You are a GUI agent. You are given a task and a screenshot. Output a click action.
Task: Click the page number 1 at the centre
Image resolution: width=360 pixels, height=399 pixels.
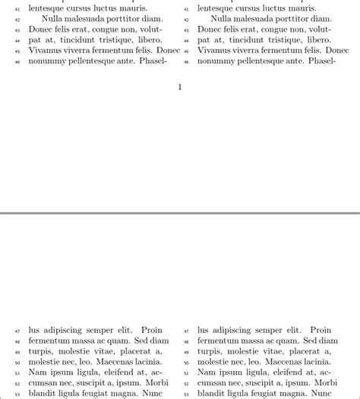pyautogui.click(x=180, y=87)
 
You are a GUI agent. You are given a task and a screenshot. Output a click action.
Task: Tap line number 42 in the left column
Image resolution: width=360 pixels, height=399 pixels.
pyautogui.click(x=17, y=19)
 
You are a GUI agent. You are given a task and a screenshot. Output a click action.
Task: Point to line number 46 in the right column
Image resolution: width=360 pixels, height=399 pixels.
pyautogui.click(x=186, y=62)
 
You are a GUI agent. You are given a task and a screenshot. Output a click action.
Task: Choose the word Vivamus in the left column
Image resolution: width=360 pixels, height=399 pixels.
pyautogui.click(x=47, y=50)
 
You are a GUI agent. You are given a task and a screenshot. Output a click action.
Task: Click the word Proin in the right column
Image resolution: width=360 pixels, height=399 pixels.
pyautogui.click(x=321, y=330)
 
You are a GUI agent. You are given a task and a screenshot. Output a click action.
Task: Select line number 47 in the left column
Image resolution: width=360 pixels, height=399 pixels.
pyautogui.click(x=17, y=331)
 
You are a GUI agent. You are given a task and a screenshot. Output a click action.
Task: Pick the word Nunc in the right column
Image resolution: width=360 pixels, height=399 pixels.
pyautogui.click(x=322, y=394)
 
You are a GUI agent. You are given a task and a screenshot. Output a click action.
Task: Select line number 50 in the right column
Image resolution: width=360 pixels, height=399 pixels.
pyautogui.click(x=186, y=363)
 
